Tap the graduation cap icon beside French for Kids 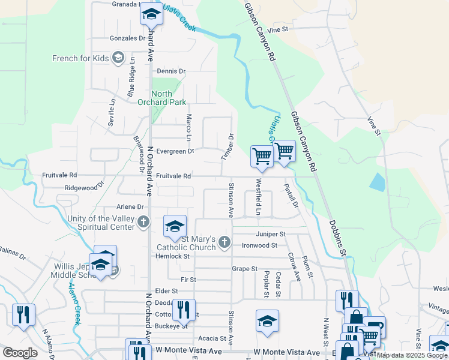pyautogui.click(x=118, y=58)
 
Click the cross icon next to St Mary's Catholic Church pyautogui.click(x=224, y=242)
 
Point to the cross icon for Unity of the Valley pyautogui.click(x=143, y=223)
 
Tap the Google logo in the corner pyautogui.click(x=20, y=353)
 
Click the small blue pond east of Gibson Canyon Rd pyautogui.click(x=376, y=182)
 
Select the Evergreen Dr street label pyautogui.click(x=175, y=151)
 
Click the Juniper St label pyautogui.click(x=270, y=233)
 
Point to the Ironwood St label pyautogui.click(x=259, y=245)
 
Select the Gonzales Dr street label pyautogui.click(x=128, y=38)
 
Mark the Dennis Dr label pyautogui.click(x=171, y=71)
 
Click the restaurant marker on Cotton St pyautogui.click(x=184, y=310)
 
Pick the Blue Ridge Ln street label pyautogui.click(x=131, y=83)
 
